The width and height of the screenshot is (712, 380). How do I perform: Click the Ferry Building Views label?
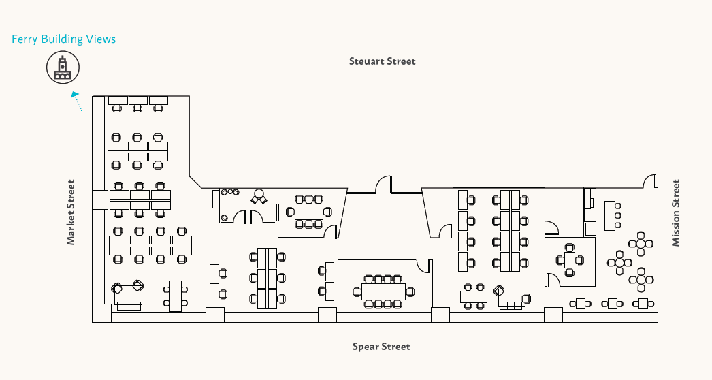(x=63, y=39)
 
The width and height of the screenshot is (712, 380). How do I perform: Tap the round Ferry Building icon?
(x=63, y=68)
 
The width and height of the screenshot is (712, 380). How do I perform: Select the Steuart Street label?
(x=382, y=61)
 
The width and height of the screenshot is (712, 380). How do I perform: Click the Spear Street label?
(x=381, y=347)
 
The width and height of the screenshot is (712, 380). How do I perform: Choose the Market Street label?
(x=71, y=212)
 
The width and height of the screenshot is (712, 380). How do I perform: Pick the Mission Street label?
(x=676, y=212)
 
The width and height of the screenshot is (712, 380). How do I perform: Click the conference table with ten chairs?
(x=383, y=291)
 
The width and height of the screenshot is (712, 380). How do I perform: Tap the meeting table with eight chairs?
(x=309, y=211)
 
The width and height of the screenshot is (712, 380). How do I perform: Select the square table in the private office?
(x=569, y=259)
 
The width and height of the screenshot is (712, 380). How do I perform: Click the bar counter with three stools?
(x=611, y=215)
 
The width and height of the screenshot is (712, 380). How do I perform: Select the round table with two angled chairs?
(x=258, y=198)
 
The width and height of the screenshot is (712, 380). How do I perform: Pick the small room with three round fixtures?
(x=231, y=205)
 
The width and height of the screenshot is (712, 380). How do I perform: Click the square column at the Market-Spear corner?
(x=101, y=313)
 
